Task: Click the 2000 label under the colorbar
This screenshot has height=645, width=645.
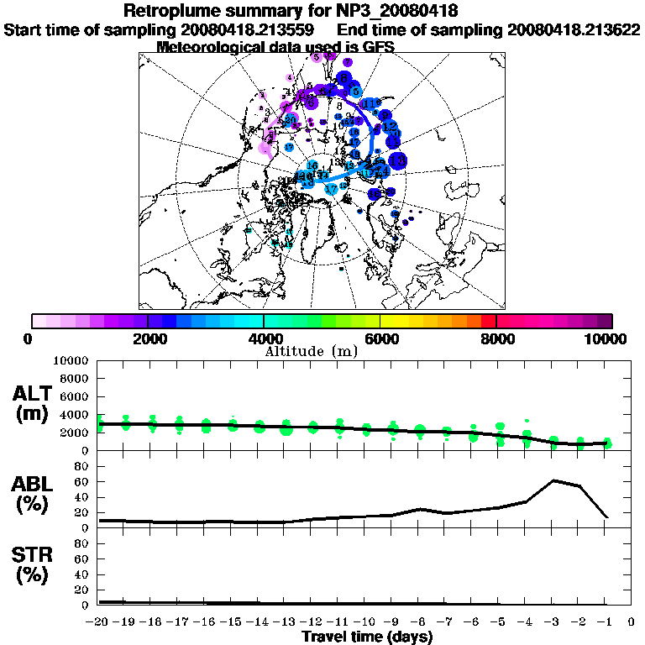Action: (x=147, y=338)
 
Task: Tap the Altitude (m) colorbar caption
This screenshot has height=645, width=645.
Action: (x=312, y=349)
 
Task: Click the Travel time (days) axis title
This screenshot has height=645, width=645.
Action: (x=366, y=637)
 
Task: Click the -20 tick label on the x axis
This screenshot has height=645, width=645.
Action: (x=98, y=622)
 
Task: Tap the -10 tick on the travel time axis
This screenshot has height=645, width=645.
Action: (x=366, y=622)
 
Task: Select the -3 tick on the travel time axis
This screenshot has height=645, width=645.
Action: (x=553, y=622)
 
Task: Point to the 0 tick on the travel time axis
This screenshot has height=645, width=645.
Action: (x=632, y=622)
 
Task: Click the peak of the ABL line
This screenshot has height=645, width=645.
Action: (x=553, y=480)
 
